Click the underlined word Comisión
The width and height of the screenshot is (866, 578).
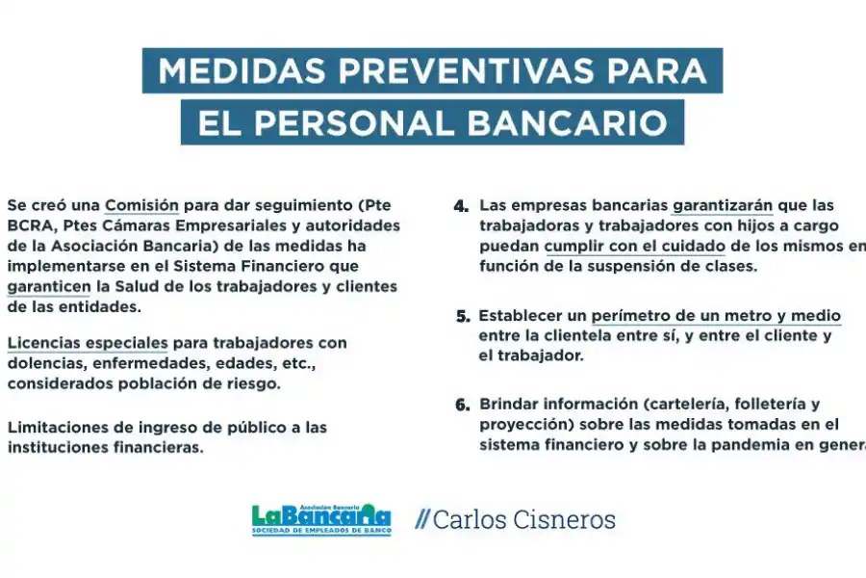click(141, 205)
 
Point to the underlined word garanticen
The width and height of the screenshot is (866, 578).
click(48, 286)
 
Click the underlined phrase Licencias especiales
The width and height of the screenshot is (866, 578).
click(87, 343)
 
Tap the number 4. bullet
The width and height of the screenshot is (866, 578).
click(461, 206)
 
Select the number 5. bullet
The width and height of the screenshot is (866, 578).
click(462, 316)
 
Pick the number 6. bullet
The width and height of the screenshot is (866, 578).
click(462, 405)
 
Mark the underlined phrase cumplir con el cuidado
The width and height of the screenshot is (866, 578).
click(633, 247)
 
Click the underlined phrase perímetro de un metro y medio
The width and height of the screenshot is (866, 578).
click(716, 316)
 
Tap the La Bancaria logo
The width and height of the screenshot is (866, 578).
click(321, 520)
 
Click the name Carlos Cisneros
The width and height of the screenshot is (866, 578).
click(523, 520)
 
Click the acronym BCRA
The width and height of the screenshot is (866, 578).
click(28, 225)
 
